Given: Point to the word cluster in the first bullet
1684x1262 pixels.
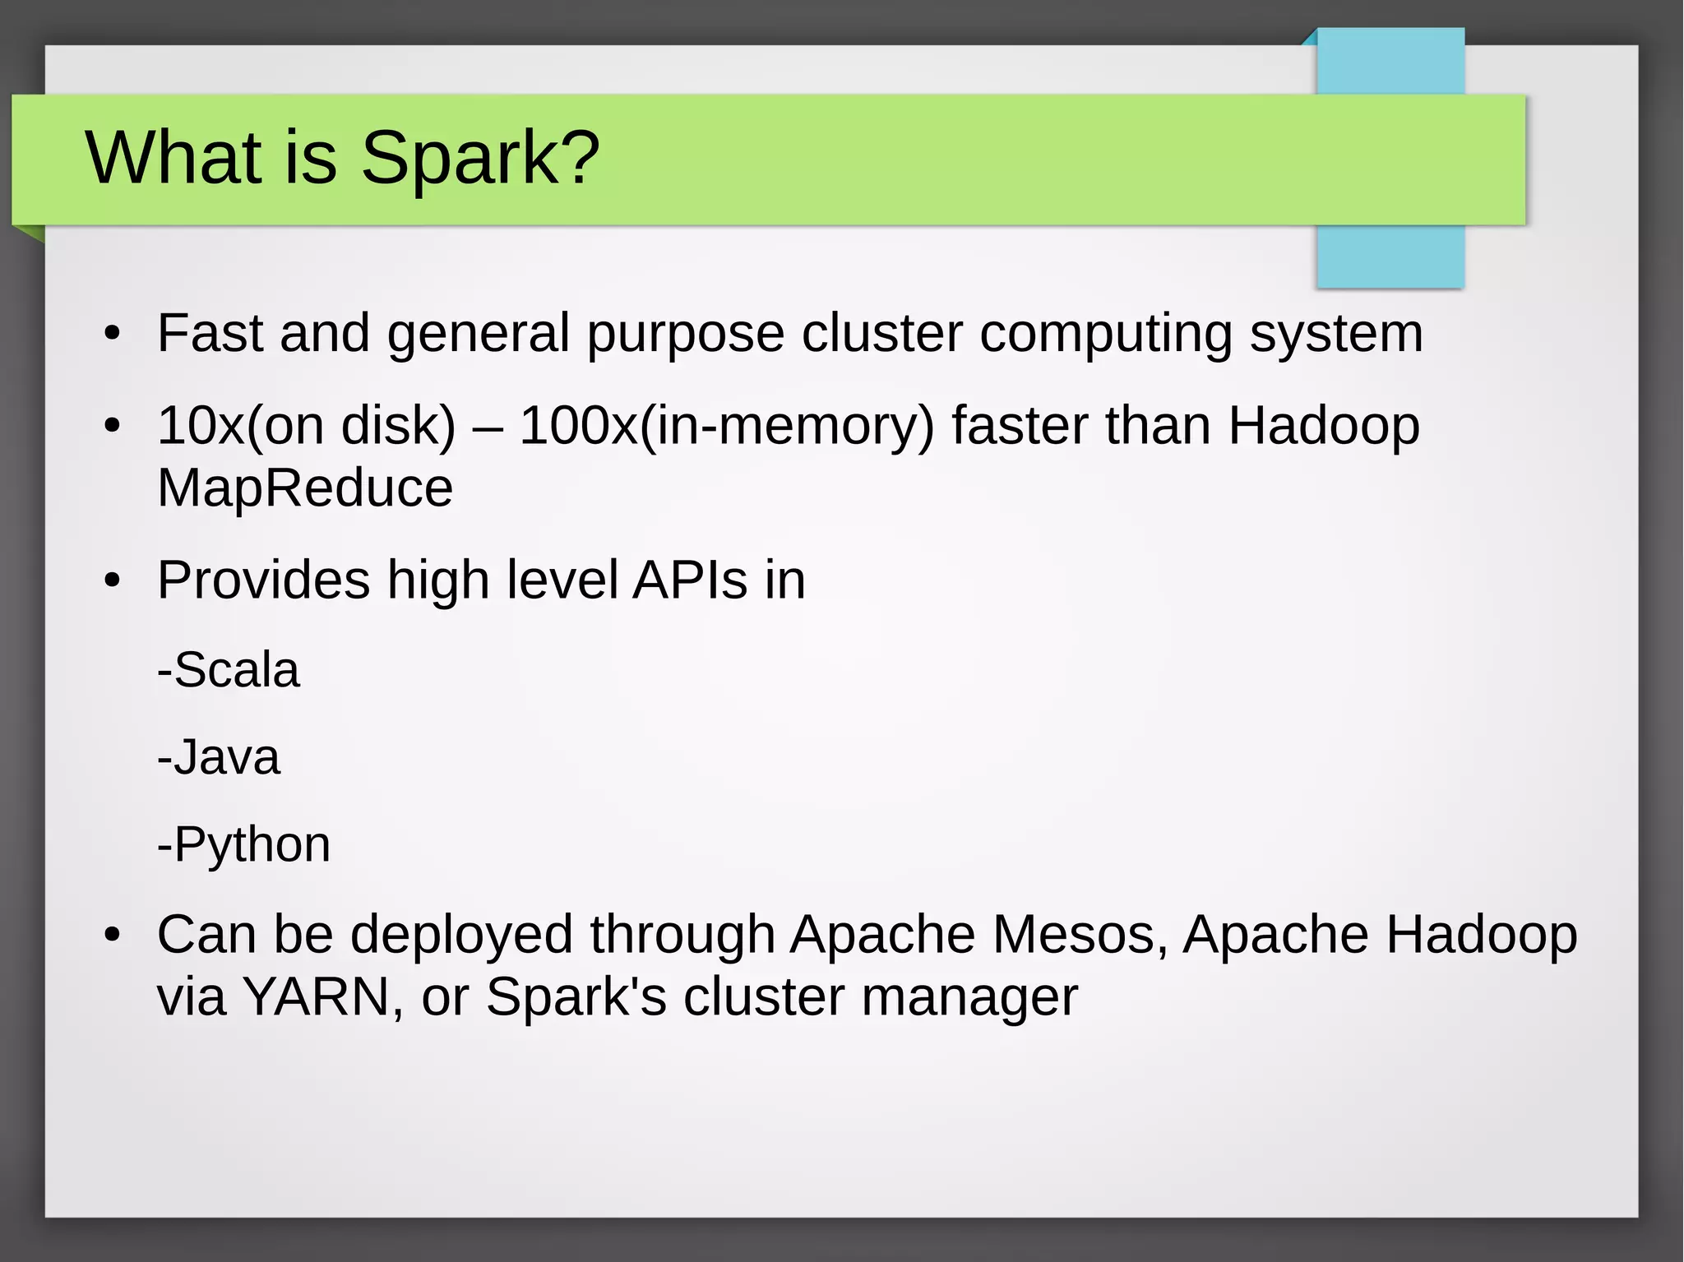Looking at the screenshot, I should point(881,333).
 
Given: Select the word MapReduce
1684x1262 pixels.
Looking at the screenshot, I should point(305,488).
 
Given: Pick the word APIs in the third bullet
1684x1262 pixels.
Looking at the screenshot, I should point(690,580).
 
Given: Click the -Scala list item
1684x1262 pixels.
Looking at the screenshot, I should point(229,670).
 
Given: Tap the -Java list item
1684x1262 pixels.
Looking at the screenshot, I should point(219,757).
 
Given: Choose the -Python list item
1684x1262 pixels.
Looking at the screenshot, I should point(244,845).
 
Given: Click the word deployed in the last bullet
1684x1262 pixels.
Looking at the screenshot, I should point(461,936).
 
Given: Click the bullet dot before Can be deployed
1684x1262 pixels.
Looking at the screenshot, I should point(113,936).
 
